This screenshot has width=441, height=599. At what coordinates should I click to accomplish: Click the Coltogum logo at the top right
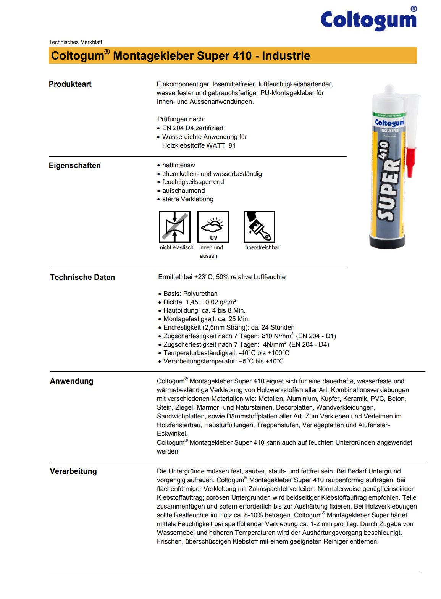point(368,20)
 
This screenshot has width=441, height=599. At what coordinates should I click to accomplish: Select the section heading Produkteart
point(70,84)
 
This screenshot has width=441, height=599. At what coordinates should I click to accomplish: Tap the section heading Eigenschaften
point(75,166)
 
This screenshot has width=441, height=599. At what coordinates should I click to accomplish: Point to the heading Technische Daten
point(82,278)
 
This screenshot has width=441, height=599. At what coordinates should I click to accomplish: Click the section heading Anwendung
point(72,381)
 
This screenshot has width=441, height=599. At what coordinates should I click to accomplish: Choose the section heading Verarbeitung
point(73,471)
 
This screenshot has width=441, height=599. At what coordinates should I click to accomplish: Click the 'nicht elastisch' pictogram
point(174,227)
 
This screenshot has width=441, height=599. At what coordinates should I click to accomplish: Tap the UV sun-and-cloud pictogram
point(213,227)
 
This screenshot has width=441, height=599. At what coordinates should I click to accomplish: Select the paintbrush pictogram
point(259,227)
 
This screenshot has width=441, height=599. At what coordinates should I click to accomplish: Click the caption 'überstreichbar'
point(262,248)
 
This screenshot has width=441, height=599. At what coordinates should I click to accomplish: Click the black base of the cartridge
point(387,242)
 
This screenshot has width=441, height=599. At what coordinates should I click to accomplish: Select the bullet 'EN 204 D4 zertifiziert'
point(193,128)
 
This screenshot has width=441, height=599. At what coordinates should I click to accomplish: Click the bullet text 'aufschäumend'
point(184,191)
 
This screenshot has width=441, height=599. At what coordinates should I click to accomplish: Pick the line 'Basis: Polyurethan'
point(191,294)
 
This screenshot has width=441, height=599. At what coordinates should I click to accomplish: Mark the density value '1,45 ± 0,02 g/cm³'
point(211,302)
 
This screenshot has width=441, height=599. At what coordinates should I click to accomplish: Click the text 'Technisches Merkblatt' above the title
point(76,42)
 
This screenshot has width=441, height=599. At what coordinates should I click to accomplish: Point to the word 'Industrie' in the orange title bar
point(286,56)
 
